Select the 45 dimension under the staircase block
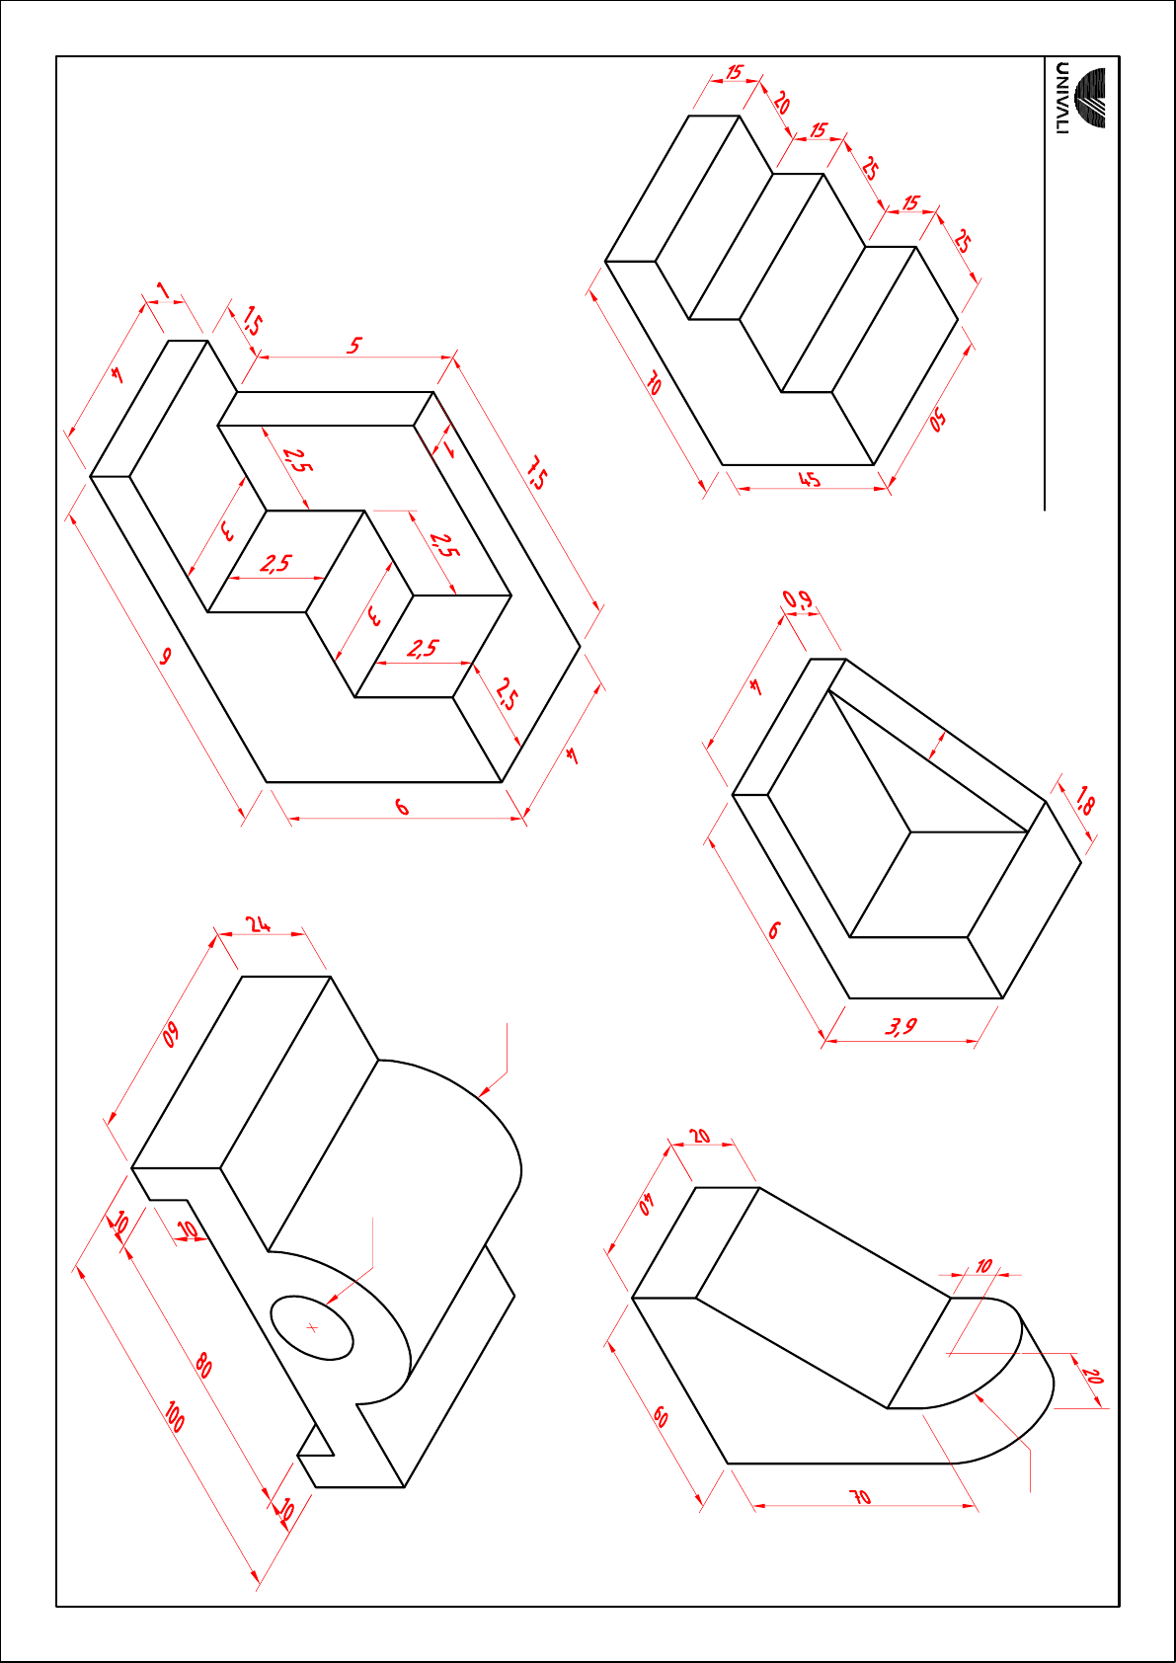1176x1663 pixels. (x=810, y=480)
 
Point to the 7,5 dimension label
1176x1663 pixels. (x=536, y=474)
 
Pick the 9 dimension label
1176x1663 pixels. (x=166, y=657)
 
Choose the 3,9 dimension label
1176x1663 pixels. (x=902, y=1027)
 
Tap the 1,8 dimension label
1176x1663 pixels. (x=1083, y=803)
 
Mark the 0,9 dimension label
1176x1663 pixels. (x=798, y=599)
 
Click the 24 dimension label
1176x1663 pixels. (x=259, y=924)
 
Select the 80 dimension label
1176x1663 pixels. (x=203, y=1366)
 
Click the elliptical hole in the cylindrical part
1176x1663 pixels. (x=311, y=1327)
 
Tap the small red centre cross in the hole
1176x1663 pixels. (x=312, y=1328)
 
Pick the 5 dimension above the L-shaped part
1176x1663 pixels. (x=354, y=346)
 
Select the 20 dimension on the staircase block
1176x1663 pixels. (x=781, y=103)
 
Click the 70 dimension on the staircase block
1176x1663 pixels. (x=654, y=386)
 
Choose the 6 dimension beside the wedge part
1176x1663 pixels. (x=773, y=929)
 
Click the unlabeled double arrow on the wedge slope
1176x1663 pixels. (x=938, y=747)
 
